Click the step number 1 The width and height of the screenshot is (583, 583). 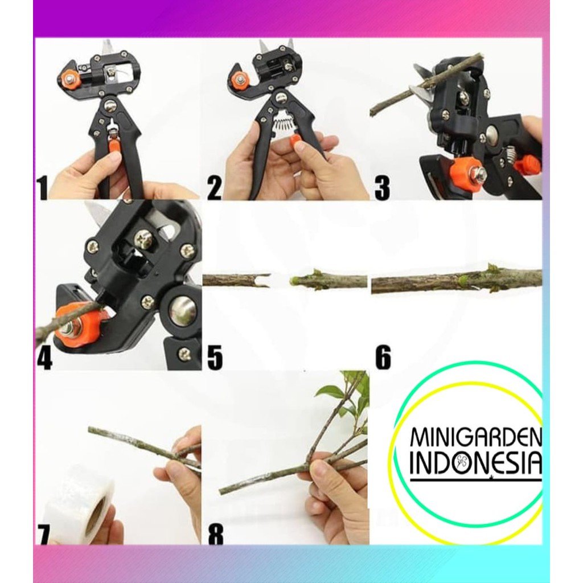tap(42, 188)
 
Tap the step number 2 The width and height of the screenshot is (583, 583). tap(215, 188)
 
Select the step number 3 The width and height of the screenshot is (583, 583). tap(382, 188)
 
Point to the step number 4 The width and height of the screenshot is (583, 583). tap(44, 358)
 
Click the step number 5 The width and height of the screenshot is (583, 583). tap(215, 358)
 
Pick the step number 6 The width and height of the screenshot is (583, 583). tap(383, 358)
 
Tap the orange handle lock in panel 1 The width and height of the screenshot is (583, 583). tap(114, 143)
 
